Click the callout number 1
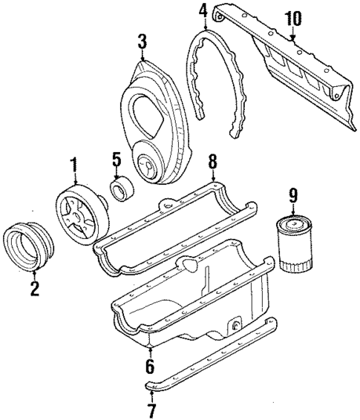(73, 163)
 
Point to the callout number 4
(203, 10)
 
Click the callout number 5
(116, 160)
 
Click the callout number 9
(292, 195)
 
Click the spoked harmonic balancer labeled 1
(81, 214)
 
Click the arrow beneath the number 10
(293, 32)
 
